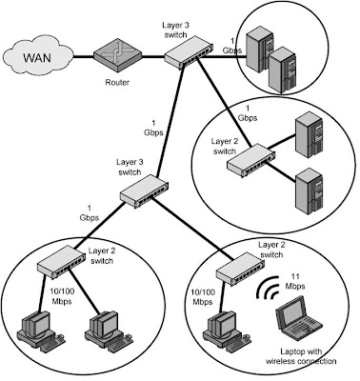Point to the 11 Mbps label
click(x=297, y=283)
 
